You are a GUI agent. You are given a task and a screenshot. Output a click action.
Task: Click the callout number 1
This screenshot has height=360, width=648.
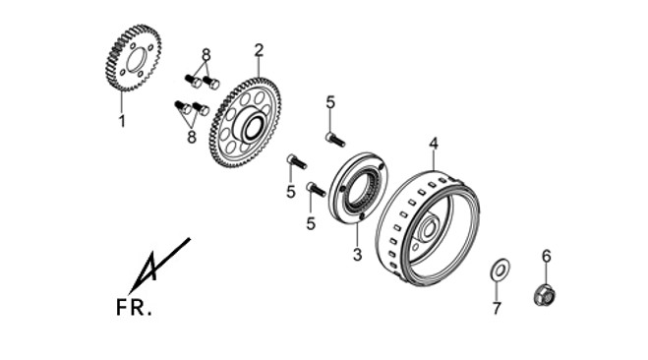pyautogui.click(x=122, y=121)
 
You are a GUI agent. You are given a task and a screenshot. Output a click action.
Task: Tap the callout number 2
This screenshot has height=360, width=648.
pyautogui.click(x=260, y=50)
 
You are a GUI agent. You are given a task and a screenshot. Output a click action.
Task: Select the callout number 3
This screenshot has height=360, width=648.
pyautogui.click(x=358, y=255)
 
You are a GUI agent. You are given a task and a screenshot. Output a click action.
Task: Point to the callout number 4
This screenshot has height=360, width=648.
pyautogui.click(x=433, y=144)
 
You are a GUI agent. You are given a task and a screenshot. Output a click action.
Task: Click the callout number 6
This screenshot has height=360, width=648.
pyautogui.click(x=547, y=257)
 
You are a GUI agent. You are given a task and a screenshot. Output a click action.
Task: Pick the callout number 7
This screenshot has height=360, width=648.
pyautogui.click(x=497, y=308)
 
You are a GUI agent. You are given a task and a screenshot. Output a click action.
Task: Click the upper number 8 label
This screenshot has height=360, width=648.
pyautogui.click(x=206, y=54)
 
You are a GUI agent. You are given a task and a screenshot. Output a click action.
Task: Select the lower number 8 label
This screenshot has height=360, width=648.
pyautogui.click(x=192, y=137)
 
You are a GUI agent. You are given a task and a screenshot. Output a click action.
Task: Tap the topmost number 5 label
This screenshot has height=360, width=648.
pyautogui.click(x=330, y=102)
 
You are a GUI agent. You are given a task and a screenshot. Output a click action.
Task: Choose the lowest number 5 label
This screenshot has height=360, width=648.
pyautogui.click(x=311, y=223)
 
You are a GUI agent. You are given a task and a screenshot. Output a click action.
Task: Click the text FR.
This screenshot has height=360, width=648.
pyautogui.click(x=134, y=308)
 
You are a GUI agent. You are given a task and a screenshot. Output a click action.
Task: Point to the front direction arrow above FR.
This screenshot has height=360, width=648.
pyautogui.click(x=159, y=265)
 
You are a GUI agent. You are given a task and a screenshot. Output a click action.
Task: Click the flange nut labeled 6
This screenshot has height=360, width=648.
pyautogui.click(x=545, y=295)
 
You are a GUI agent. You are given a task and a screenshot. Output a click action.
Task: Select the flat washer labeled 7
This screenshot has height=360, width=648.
pyautogui.click(x=501, y=270)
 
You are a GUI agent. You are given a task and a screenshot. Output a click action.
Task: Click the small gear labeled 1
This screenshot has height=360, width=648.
pyautogui.click(x=131, y=58)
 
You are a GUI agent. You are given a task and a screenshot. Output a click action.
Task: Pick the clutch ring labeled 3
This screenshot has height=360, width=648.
pyautogui.click(x=358, y=188)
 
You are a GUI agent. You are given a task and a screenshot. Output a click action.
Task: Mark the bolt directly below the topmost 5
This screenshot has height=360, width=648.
pyautogui.click(x=335, y=139)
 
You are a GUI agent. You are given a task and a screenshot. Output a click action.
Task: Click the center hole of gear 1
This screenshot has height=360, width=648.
pyautogui.click(x=137, y=60)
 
